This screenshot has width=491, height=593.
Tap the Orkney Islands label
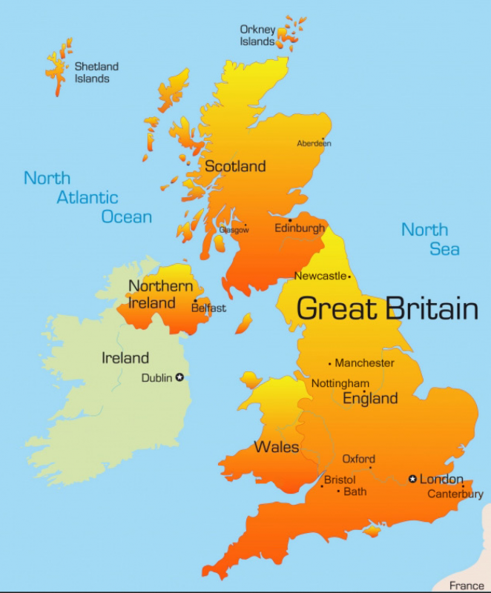click(x=257, y=36)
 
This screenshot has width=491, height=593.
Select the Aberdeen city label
click(x=314, y=143)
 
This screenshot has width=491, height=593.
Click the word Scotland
click(x=235, y=166)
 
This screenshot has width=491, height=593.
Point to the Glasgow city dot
click(x=245, y=227)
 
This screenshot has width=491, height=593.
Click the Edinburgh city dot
click(x=290, y=220)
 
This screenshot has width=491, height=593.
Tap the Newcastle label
click(x=320, y=276)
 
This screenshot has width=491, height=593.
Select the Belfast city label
click(x=208, y=308)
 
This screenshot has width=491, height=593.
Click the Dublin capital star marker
click(x=179, y=377)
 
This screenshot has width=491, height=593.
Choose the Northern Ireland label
click(x=161, y=294)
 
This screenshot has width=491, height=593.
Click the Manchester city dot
click(x=330, y=363)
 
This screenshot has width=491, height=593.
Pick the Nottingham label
click(x=340, y=383)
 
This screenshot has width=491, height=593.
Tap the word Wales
click(x=277, y=447)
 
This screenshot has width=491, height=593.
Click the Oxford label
click(x=358, y=459)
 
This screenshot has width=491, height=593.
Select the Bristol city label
click(x=340, y=480)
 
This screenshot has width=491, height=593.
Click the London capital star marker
click(x=413, y=479)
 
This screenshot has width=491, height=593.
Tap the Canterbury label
click(x=455, y=494)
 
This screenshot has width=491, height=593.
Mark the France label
click(x=467, y=586)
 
